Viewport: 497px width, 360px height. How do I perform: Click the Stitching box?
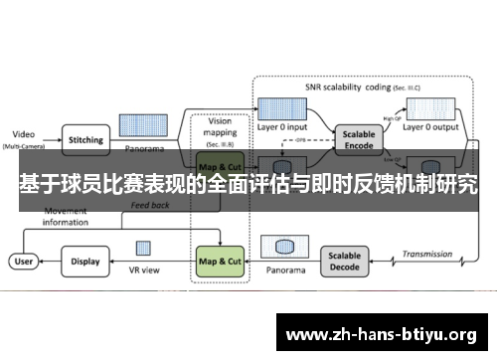click(85, 140)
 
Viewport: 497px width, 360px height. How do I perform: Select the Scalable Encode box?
click(360, 138)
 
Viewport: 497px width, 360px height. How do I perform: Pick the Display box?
click(85, 262)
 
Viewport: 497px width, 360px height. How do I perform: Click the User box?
click(23, 262)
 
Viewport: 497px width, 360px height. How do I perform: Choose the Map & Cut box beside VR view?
click(220, 262)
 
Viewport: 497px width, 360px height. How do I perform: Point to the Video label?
click(23, 133)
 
